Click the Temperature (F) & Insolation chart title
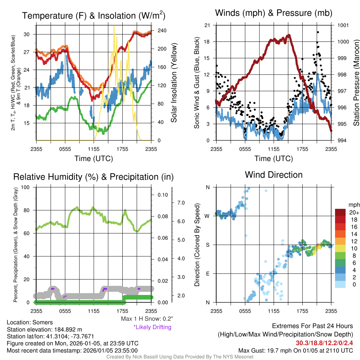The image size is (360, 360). pyautogui.click(x=94, y=15)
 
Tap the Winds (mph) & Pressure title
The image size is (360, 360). pyautogui.click(x=274, y=13)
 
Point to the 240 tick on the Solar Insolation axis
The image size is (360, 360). pyautogui.click(x=162, y=31)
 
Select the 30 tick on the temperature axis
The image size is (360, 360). pyautogui.click(x=27, y=34)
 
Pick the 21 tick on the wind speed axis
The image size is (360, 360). pyautogui.click(x=207, y=25)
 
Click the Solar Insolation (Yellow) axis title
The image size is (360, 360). pyautogui.click(x=174, y=83)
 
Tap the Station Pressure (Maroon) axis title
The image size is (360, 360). pyautogui.click(x=356, y=83)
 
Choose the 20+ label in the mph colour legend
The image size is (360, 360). pyautogui.click(x=354, y=212)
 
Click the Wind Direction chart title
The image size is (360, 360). pyautogui.click(x=274, y=175)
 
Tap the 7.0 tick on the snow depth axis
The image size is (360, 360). pyautogui.click(x=181, y=203)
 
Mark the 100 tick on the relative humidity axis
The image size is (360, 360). pyautogui.click(x=25, y=187)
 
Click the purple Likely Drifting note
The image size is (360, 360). pyautogui.click(x=152, y=327)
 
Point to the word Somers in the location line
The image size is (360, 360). pyautogui.click(x=43, y=322)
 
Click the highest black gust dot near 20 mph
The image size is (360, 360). pyautogui.click(x=318, y=32)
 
